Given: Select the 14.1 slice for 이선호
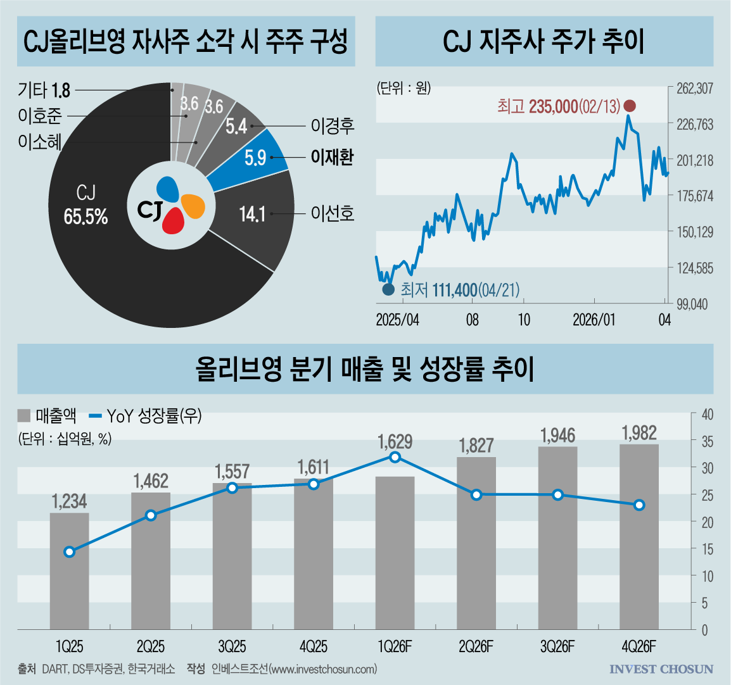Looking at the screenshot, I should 260,218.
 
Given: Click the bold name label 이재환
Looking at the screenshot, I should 332,157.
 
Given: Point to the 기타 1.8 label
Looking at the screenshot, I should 44,91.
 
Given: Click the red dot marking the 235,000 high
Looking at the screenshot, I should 630,106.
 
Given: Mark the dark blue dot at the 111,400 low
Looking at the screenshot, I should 388,290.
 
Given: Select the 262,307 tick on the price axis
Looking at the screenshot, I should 694,89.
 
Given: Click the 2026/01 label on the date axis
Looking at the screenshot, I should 594,320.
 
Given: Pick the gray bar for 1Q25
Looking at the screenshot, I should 70,570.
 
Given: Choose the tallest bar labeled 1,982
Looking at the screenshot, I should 639,536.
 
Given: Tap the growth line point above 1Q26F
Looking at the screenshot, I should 395,457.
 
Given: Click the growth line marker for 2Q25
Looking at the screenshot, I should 151,515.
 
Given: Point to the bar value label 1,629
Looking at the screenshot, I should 395,441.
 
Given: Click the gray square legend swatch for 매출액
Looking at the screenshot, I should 24,416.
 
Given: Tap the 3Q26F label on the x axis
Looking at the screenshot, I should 557,647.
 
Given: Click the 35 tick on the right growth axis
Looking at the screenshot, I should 708,441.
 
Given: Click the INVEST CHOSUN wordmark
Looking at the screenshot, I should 661,669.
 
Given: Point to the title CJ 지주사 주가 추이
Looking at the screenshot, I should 543,42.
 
